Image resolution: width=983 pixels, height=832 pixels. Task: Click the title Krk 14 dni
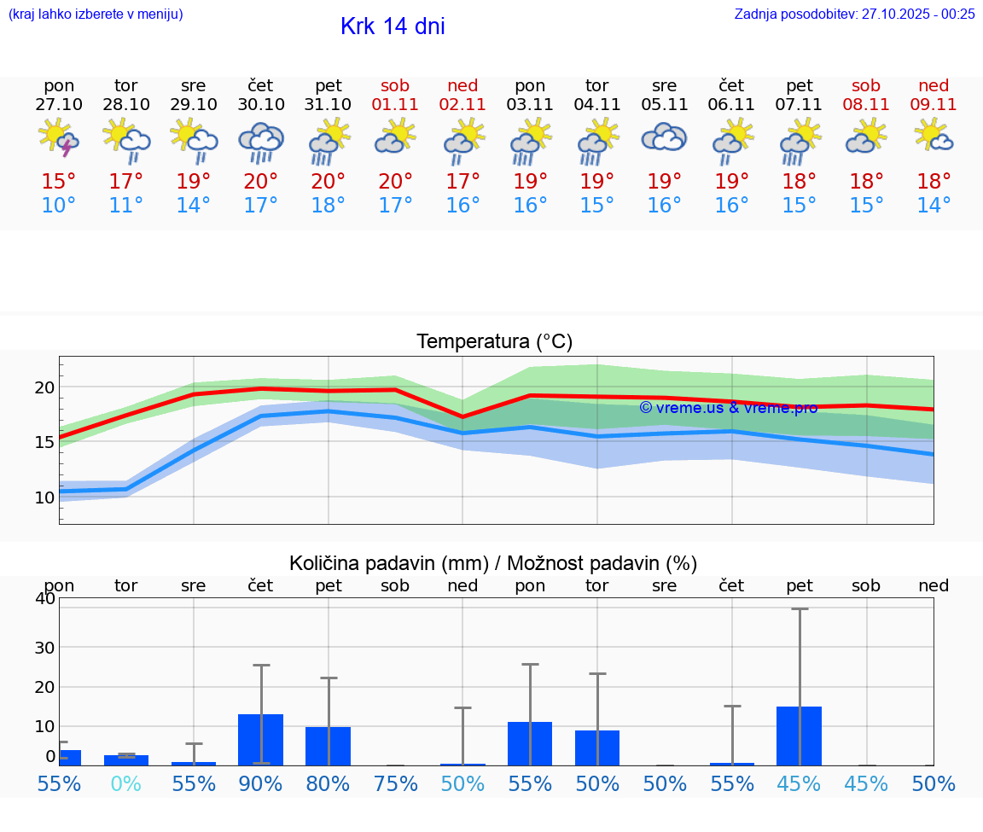point(393,26)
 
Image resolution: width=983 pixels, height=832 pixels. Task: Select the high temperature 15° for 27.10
point(59,182)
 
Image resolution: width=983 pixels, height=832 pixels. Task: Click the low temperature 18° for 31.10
point(329,206)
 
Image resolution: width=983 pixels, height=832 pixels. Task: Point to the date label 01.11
point(395,104)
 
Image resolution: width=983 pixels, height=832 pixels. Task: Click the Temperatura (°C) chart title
point(494,342)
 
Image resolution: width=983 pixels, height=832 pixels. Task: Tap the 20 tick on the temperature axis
point(44,387)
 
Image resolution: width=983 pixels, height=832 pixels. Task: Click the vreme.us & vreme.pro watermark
point(728,408)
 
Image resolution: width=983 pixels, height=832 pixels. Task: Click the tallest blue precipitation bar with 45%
point(800,736)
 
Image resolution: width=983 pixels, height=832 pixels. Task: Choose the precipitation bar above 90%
point(261,739)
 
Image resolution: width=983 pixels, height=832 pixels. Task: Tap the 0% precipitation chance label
point(126,783)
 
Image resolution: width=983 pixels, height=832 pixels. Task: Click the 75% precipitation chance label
point(395,783)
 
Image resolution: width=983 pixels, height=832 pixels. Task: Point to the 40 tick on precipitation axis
point(45,598)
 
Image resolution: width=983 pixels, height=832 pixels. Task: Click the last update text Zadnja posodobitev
point(854,14)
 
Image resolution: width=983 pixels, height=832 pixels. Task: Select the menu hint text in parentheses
point(96,14)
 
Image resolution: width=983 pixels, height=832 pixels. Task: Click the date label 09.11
point(934,104)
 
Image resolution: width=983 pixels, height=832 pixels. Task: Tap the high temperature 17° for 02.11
point(462,182)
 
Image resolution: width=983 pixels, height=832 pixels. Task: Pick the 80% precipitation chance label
point(329,783)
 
